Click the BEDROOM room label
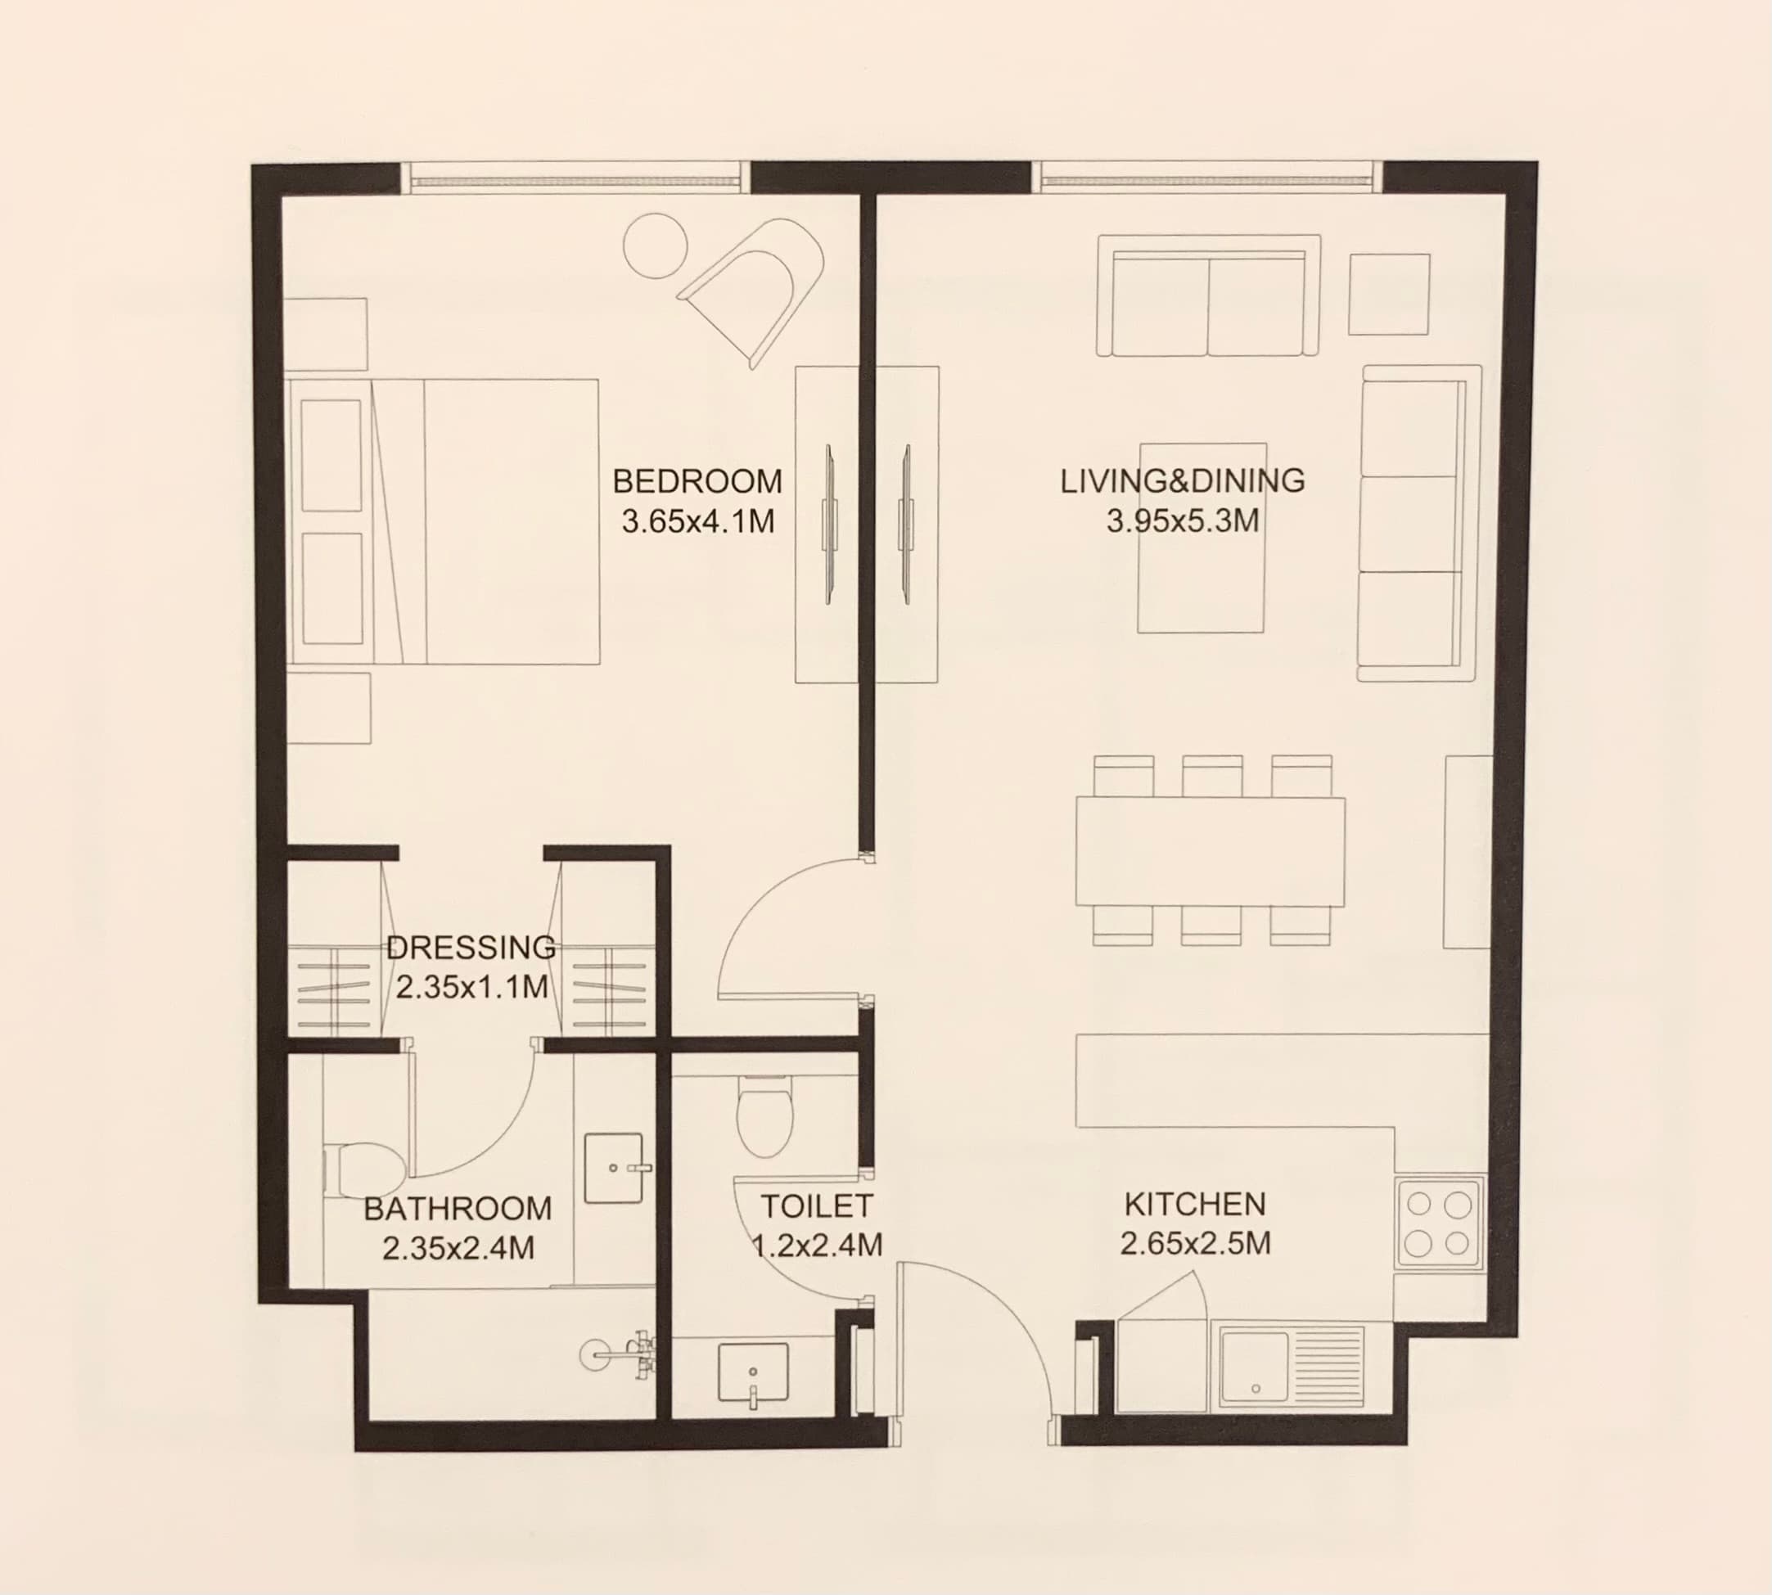(x=697, y=481)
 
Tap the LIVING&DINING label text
(x=1182, y=481)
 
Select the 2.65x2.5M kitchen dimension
(x=1195, y=1243)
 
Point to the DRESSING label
(x=471, y=948)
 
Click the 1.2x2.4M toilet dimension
(x=817, y=1245)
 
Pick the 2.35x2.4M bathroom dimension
(x=458, y=1248)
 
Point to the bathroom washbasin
(x=615, y=1167)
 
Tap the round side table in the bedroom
(x=655, y=246)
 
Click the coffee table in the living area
(x=1202, y=537)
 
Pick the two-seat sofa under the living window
(x=1209, y=295)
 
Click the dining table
(x=1211, y=851)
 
